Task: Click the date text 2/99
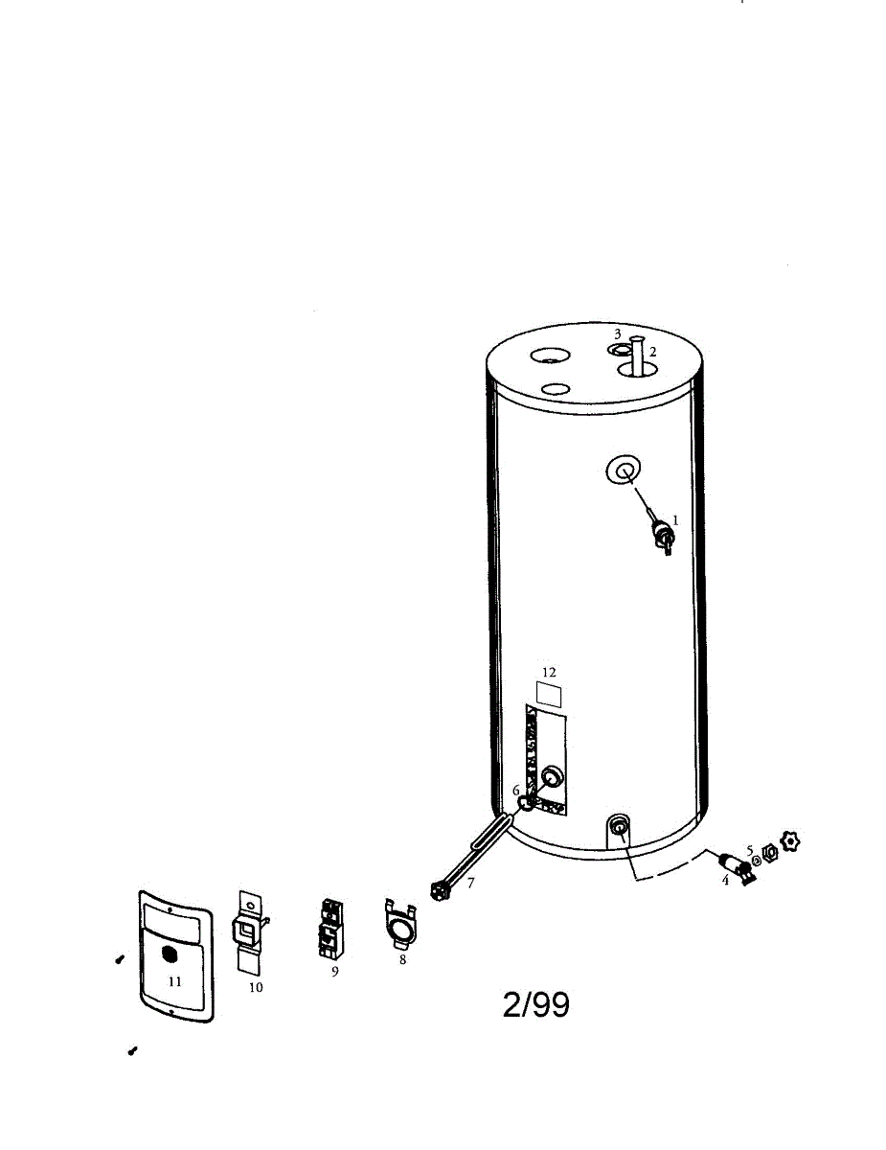tap(535, 1004)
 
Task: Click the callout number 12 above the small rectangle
tap(549, 673)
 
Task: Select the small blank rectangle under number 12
tap(549, 693)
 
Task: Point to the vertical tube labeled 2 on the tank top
tap(637, 356)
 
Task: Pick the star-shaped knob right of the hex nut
tap(790, 842)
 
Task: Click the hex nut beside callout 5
tap(769, 852)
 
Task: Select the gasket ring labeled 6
tap(526, 802)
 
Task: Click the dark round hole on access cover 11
tap(170, 954)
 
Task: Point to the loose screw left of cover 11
tap(119, 958)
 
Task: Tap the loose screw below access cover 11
tap(132, 1051)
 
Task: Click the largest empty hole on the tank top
tap(550, 356)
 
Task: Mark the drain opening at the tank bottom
tap(620, 825)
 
